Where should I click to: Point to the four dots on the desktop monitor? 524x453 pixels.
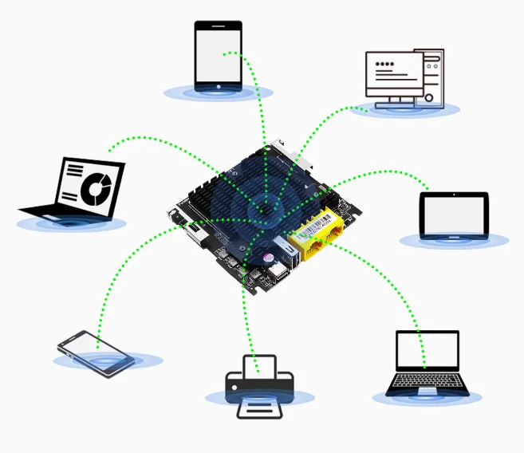pyautogui.click(x=385, y=63)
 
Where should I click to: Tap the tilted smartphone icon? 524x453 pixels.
pyautogui.click(x=96, y=353)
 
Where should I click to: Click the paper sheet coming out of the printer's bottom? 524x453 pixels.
pyautogui.click(x=260, y=407)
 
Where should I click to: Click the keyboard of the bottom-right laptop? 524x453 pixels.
pyautogui.click(x=427, y=384)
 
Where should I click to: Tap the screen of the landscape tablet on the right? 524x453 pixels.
pyautogui.click(x=454, y=214)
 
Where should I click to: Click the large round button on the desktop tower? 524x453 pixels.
pyautogui.click(x=431, y=98)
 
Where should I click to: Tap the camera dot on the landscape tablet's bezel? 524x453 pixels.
pyautogui.click(x=426, y=214)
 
